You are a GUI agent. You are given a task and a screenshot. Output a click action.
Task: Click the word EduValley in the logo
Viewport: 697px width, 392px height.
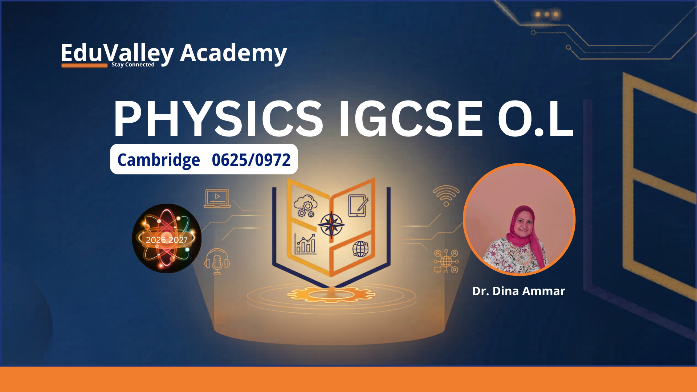(117, 53)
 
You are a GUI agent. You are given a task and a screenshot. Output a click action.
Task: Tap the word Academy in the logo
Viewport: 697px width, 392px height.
(233, 53)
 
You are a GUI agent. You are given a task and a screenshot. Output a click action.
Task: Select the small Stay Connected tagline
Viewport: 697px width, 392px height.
(133, 65)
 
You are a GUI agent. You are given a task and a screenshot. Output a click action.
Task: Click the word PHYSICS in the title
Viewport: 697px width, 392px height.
(218, 119)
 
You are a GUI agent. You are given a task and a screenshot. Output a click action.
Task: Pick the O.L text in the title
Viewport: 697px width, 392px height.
(535, 119)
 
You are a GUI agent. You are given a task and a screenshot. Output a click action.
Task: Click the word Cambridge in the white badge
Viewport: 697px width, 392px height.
(159, 160)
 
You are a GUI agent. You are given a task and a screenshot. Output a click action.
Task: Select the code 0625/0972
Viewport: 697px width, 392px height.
(251, 160)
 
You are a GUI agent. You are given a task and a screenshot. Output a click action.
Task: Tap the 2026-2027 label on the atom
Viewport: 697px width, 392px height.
(167, 240)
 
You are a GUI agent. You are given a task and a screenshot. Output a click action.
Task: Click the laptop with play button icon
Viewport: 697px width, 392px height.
(217, 198)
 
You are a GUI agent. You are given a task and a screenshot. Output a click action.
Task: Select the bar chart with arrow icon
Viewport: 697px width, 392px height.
(305, 244)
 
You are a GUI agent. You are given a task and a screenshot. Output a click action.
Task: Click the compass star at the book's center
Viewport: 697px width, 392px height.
(331, 225)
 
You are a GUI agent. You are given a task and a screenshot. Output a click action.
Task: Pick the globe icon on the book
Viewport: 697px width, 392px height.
(360, 249)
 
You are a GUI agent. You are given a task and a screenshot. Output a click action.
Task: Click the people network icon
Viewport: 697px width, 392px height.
(446, 261)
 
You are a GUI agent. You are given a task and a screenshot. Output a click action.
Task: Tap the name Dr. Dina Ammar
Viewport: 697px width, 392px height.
(519, 291)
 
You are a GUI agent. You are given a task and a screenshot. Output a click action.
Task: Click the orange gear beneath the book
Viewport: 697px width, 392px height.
(331, 294)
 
